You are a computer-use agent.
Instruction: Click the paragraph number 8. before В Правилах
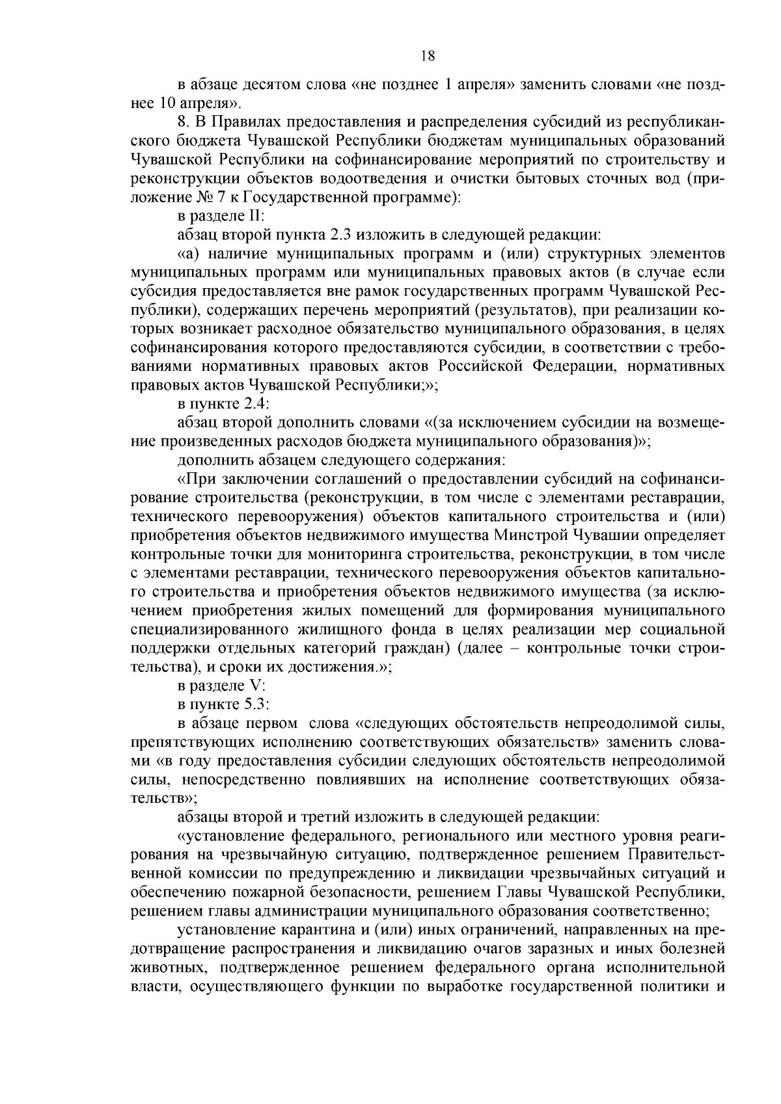[x=184, y=122]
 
